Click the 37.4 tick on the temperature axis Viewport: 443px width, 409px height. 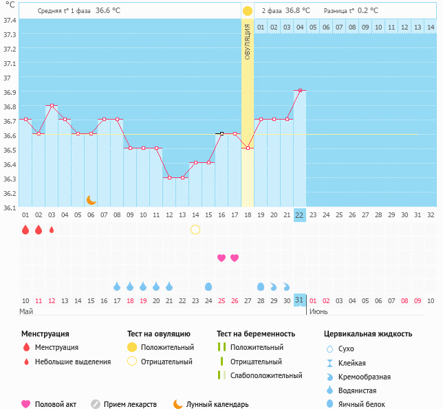click(10, 20)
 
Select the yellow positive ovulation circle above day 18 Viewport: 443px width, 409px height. click(248, 11)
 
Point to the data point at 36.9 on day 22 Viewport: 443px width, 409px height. click(299, 90)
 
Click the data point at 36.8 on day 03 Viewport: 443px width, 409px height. click(52, 105)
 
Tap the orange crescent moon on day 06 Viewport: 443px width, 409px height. click(91, 199)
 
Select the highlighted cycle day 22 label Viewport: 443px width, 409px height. click(299, 214)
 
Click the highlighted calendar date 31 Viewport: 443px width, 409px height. click(299, 300)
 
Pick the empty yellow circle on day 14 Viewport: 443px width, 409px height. click(195, 230)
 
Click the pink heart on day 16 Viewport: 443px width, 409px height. click(221, 258)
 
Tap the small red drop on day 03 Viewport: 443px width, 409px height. click(52, 230)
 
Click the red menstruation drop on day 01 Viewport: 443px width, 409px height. click(25, 230)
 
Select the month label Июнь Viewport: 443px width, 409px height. click(318, 311)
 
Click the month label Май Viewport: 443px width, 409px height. click(26, 311)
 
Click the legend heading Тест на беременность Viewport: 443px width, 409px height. click(256, 334)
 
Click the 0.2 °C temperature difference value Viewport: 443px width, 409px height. click(369, 11)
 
